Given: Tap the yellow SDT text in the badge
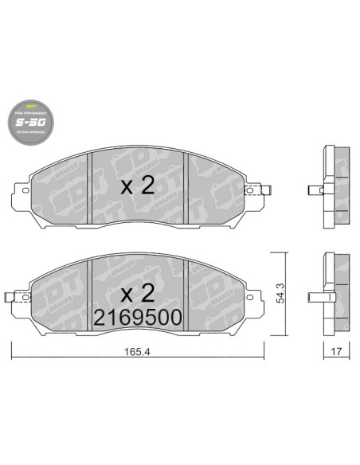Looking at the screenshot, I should pyautogui.click(x=33, y=105).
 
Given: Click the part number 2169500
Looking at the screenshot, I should pyautogui.click(x=136, y=318).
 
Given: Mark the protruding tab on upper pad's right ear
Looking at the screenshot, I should pyautogui.click(x=269, y=190).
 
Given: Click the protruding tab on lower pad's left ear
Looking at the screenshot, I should pyautogui.click(x=10, y=299).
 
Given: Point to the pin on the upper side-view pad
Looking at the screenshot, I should pyautogui.click(x=315, y=190).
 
